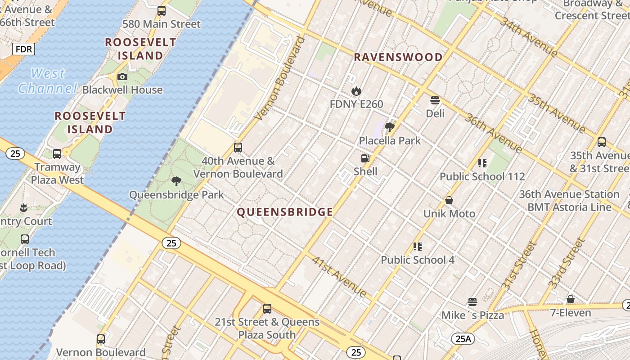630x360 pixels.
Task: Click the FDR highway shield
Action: [23, 49]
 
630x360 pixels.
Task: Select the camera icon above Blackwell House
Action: [122, 77]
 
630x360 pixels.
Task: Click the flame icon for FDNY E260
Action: [356, 91]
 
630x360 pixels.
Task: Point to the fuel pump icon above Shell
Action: [365, 158]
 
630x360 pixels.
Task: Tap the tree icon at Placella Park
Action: [390, 127]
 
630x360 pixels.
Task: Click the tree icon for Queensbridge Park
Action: [176, 181]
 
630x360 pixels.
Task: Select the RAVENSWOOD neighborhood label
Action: [398, 57]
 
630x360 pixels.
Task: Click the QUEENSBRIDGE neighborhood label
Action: [285, 212]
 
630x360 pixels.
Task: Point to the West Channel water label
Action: [48, 81]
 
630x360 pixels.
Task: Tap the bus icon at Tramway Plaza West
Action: [57, 154]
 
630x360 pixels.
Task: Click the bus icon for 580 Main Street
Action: [161, 11]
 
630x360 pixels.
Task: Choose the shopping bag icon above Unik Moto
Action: [449, 200]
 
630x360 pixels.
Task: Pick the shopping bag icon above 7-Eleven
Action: [570, 299]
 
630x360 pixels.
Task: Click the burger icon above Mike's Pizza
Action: [472, 302]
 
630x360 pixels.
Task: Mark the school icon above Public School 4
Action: [418, 247]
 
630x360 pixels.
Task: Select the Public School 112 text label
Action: [482, 176]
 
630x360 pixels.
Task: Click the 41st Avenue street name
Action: [339, 277]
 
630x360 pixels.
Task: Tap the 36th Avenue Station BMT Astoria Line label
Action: [569, 201]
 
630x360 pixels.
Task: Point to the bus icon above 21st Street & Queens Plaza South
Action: [267, 309]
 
